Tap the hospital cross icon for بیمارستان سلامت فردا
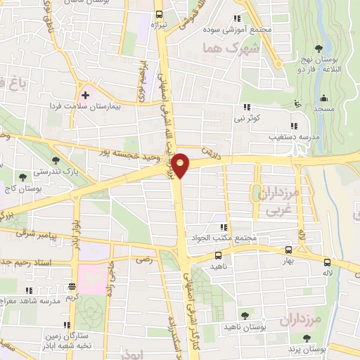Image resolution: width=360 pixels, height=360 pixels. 85,94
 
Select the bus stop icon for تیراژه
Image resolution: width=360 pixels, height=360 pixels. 159,14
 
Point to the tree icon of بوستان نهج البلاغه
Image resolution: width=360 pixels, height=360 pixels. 319,49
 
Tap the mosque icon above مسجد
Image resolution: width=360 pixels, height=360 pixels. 323,97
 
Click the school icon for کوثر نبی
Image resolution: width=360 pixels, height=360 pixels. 246,107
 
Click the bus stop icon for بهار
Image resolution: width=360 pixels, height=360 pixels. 288,249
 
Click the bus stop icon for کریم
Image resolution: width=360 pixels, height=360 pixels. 72,287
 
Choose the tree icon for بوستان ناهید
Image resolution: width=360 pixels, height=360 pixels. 245,316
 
